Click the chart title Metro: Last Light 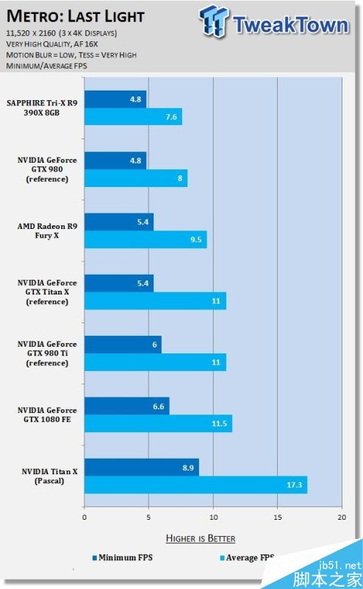75,15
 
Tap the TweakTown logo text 290,24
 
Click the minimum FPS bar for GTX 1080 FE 126,406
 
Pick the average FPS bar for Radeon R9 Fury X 145,239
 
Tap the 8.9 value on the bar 186,467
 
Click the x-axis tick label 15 277,518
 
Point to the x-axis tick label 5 148,518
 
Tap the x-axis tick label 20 341,518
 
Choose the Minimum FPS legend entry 122,557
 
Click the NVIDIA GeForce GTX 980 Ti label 42,353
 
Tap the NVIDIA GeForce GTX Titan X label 42,292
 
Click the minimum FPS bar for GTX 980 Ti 123,345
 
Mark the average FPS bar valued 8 136,178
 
